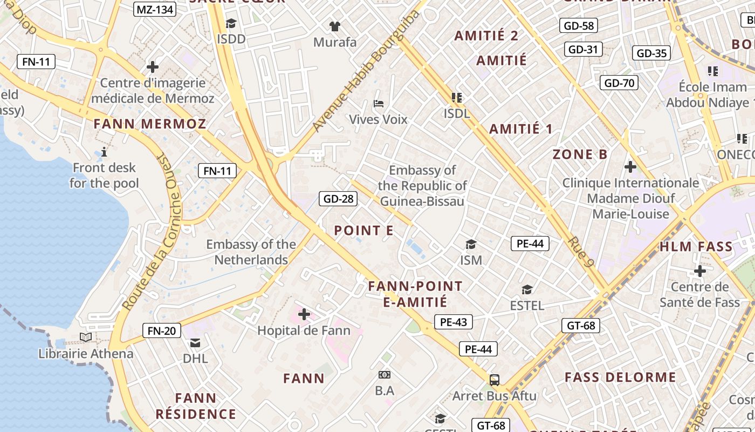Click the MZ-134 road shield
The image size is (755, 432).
pos(155,9)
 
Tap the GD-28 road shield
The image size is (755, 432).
pos(338,199)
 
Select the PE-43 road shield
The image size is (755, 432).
pos(453,322)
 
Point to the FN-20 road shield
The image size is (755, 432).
pos(161,330)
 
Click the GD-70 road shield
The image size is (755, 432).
pos(619,83)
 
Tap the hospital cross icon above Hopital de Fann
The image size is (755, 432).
pos(304,314)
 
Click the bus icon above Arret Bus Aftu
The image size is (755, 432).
pos(494,380)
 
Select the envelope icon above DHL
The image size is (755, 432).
pos(195,342)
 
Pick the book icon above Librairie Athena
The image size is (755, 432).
pos(86,337)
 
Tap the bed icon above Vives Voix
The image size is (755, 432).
pos(379,103)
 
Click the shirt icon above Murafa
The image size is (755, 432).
pos(335,25)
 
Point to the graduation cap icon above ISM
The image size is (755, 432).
pos(471,244)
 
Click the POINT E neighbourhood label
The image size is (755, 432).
pos(363,231)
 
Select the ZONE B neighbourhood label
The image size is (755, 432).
pos(580,154)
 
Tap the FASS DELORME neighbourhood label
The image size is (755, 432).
pos(620,377)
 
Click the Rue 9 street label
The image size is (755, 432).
pos(581,252)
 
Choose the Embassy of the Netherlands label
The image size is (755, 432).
pos(251,252)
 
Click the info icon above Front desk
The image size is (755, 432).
pos(104,152)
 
